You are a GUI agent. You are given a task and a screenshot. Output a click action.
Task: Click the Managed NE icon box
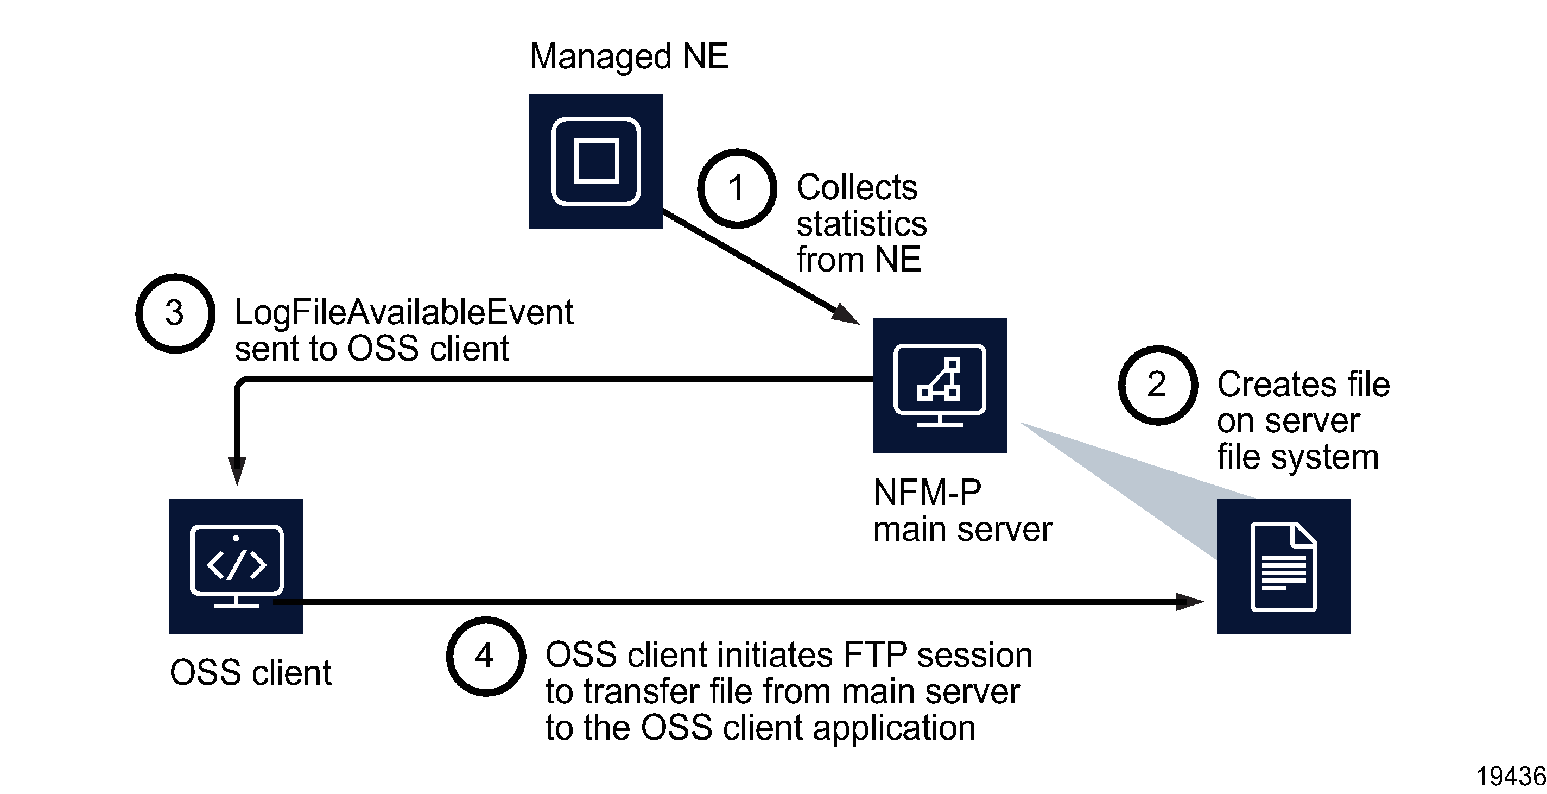pos(596,161)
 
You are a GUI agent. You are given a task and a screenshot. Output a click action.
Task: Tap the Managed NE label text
pos(628,56)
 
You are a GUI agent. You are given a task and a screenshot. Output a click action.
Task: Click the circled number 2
pos(1157,385)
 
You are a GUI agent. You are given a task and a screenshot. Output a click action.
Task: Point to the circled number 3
pos(175,313)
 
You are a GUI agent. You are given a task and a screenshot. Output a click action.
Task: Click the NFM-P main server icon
pos(939,385)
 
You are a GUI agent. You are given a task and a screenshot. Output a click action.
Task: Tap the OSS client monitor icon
pos(236,565)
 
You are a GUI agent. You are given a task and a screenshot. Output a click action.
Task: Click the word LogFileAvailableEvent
pos(403,313)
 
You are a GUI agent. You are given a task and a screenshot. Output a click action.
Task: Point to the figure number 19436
pos(1511,777)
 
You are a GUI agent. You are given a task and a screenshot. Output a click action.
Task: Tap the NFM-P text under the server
pos(927,493)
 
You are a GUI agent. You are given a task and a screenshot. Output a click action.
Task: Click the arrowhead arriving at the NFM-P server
pos(845,314)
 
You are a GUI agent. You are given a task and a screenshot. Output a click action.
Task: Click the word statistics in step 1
pos(861,224)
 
